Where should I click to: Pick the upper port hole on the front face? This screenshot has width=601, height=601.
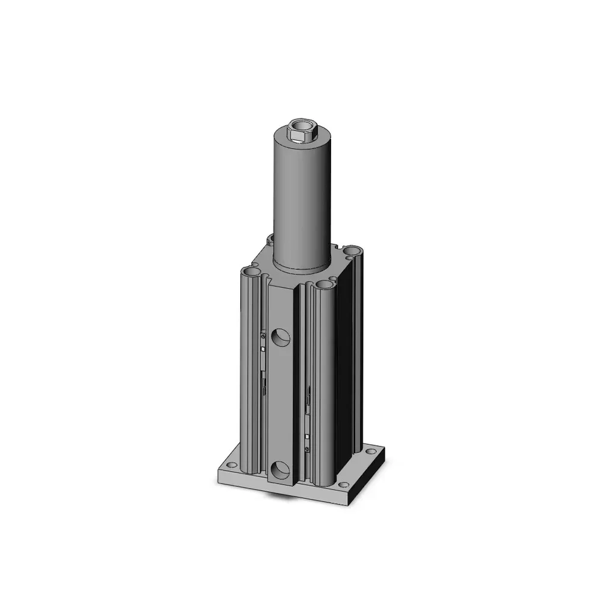coord(280,338)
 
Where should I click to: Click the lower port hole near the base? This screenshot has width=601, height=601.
coord(280,469)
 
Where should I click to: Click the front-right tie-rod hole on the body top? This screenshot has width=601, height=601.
coord(325,284)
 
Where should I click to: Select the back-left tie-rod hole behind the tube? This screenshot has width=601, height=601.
coord(271,239)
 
